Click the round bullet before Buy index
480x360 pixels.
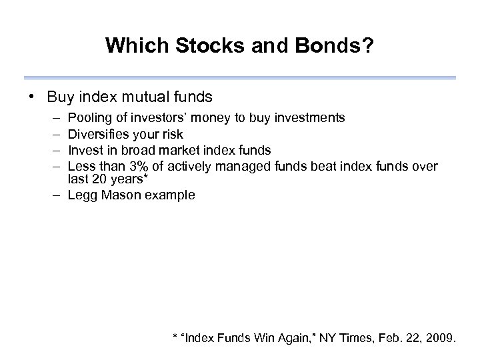(x=33, y=97)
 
